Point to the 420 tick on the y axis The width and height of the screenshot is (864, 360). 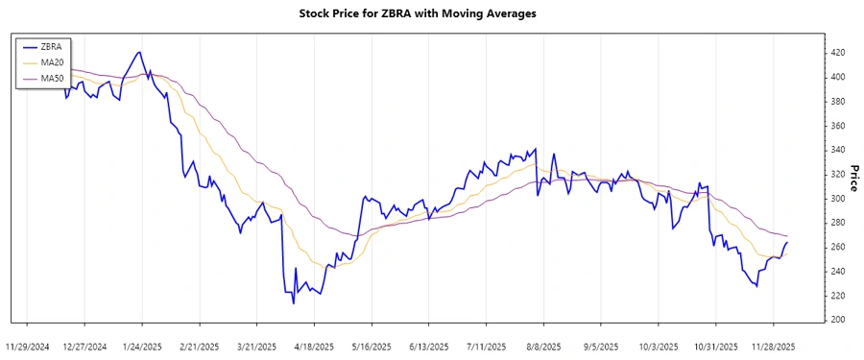point(837,52)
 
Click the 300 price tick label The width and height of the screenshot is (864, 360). point(837,198)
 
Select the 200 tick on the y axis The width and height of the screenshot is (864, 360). point(837,320)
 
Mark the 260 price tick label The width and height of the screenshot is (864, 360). point(837,247)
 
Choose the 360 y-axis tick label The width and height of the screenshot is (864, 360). point(837,125)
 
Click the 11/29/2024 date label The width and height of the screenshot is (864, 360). point(28,346)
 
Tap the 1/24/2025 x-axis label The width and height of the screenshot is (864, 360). point(143,346)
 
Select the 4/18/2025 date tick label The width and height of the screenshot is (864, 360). point(315,346)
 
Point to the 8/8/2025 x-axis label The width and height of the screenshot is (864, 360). point(543,346)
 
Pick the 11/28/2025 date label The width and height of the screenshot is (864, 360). point(773,346)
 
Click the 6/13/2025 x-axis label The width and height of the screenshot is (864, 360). point(429,346)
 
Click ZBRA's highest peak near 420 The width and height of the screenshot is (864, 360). point(140,52)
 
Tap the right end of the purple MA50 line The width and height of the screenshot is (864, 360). point(788,236)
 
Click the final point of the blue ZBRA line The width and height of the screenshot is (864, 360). point(788,242)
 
